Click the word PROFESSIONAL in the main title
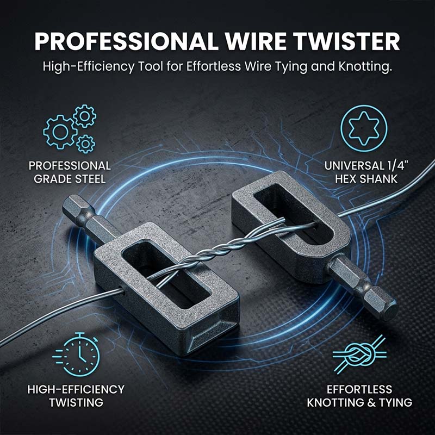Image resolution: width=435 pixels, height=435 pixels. (126, 41)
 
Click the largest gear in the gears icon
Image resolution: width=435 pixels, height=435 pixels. (60, 132)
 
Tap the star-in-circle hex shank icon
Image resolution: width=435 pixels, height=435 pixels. (364, 128)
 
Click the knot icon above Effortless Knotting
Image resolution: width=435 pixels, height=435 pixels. (359, 354)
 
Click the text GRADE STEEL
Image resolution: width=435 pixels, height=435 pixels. (70, 179)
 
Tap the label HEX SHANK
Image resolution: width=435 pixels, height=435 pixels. (366, 179)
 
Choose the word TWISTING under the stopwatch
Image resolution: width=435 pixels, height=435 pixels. (76, 402)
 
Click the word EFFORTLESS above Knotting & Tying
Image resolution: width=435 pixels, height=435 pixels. (359, 389)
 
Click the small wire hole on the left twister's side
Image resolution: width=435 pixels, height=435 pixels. (122, 291)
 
